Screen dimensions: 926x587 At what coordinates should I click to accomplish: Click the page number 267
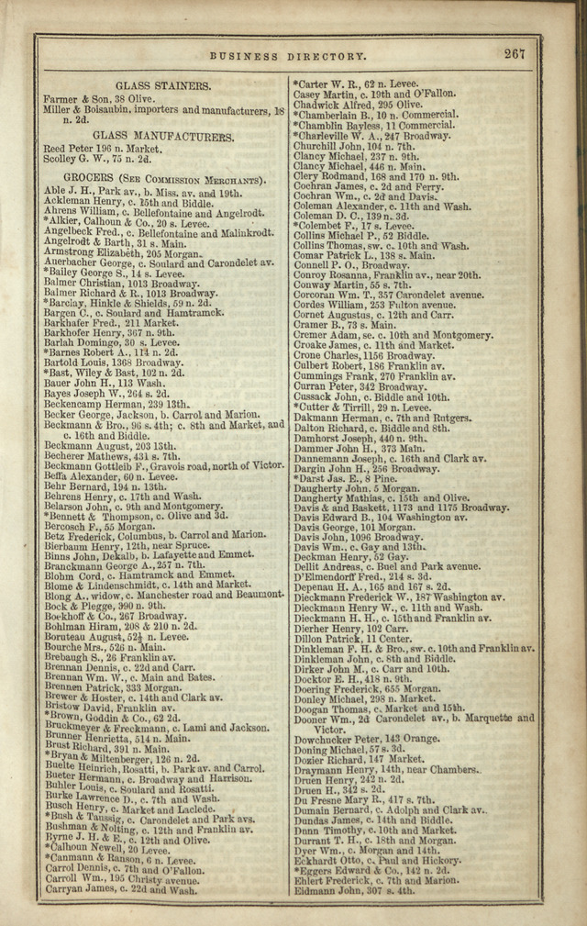tap(515, 54)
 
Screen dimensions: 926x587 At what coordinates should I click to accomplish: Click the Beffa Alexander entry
tap(103, 477)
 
